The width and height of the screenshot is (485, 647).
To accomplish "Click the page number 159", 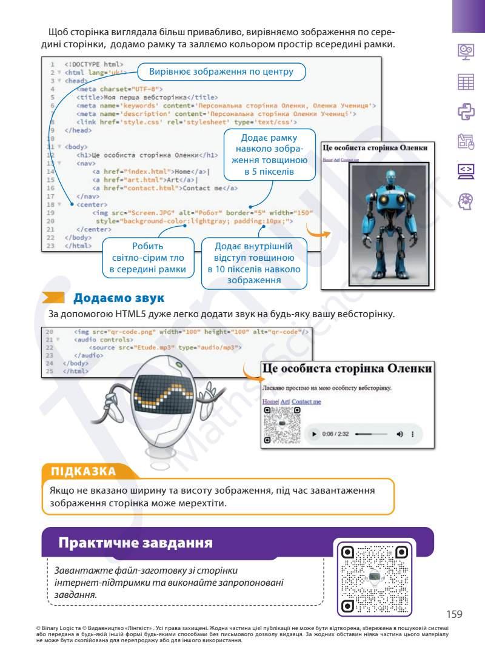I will pos(454,614).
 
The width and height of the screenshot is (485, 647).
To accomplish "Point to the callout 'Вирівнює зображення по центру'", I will pos(221,72).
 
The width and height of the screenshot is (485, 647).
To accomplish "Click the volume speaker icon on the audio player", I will pos(400,434).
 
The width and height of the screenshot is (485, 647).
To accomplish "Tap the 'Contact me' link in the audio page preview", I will pos(306,401).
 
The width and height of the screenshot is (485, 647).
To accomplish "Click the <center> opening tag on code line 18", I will pos(90,205).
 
